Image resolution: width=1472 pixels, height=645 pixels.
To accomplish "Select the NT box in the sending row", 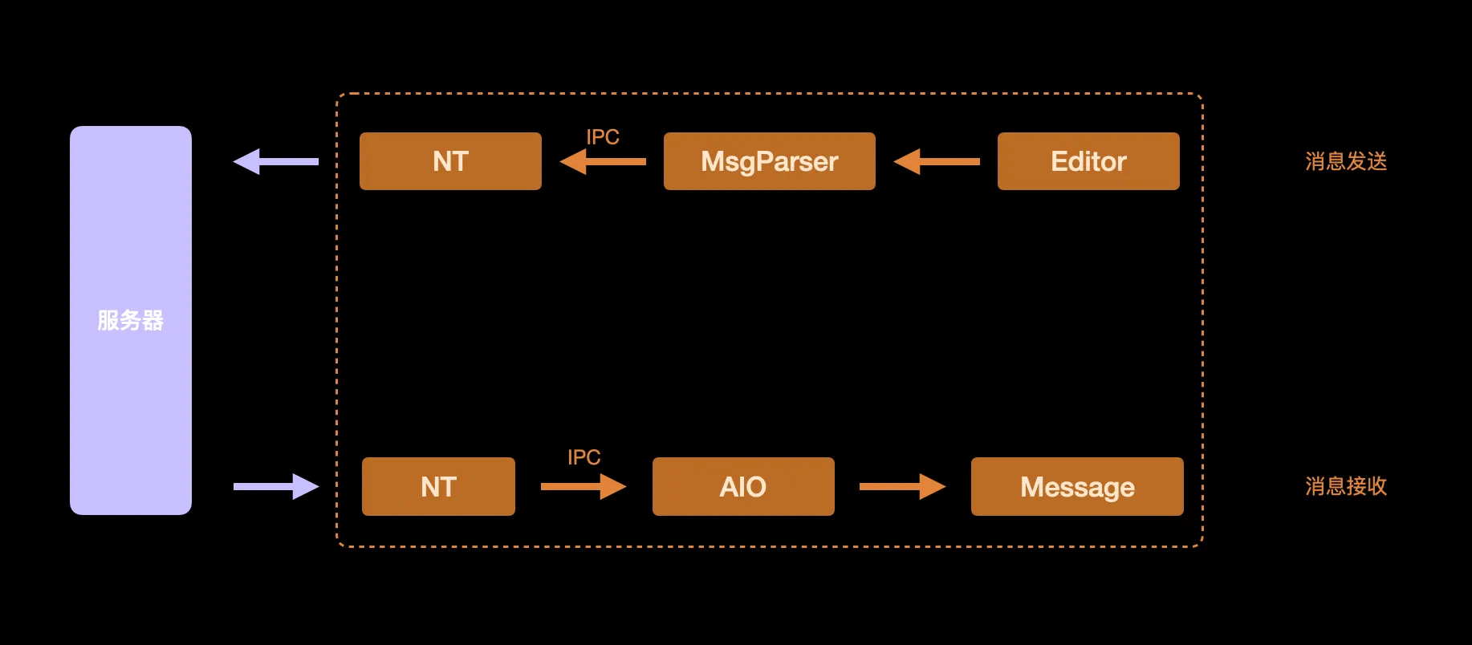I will coord(450,161).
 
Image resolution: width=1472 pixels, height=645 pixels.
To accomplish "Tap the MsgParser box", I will coord(769,161).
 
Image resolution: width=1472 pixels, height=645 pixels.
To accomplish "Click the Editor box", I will coord(1088,161).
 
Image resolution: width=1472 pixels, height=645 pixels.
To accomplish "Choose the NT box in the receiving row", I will coord(438,487).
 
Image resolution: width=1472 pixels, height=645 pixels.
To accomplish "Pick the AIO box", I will coord(743,487).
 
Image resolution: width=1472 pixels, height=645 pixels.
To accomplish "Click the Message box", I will coord(1077,487).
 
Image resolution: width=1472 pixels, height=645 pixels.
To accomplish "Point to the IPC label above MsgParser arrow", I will coord(603,137).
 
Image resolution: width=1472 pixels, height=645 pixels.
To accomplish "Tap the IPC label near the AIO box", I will coord(584,457).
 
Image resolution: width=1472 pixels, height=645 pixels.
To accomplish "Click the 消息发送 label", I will coord(1346,161).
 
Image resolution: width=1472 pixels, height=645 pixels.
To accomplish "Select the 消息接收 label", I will coord(1346,486).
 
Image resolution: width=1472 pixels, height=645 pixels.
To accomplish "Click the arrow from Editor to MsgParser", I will coord(937,161).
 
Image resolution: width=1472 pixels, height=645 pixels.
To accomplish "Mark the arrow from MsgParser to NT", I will coord(603,161).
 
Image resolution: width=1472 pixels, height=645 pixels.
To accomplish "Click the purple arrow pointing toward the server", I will coord(275,161).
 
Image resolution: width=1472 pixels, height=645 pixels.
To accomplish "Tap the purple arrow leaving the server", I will coord(276,486).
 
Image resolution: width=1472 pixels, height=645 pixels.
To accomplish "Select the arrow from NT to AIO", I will coord(584,486).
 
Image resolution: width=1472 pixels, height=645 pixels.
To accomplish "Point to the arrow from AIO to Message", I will coord(902,486).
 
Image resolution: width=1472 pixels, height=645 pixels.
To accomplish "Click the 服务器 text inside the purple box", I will coord(130,321).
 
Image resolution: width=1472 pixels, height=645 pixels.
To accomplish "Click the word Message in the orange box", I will coord(1077,487).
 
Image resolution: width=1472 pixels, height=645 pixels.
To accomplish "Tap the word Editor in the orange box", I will coord(1088,161).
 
